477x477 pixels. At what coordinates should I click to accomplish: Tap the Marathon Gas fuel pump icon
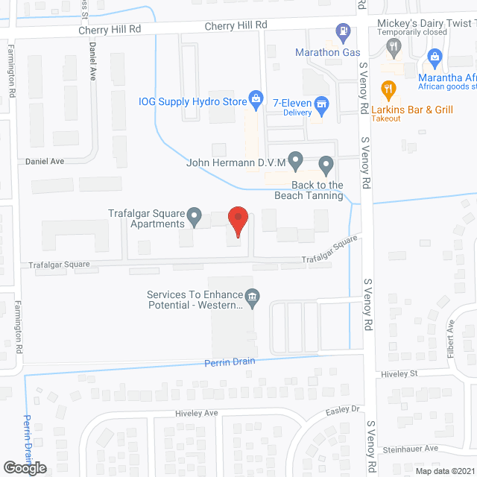[x=342, y=32]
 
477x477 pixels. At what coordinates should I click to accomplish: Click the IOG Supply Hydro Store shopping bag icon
[x=255, y=98]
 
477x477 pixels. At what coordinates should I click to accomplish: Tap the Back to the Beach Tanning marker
[x=326, y=163]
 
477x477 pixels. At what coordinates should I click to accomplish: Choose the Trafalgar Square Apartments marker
[x=195, y=217]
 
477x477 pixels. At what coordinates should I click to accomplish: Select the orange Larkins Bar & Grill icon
[x=388, y=90]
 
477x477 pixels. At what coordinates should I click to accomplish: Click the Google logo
[x=24, y=467]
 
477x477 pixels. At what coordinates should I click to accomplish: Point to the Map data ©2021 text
[x=444, y=470]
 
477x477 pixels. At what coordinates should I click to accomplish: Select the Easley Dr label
[x=343, y=409]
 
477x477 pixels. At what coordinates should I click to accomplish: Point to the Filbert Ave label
[x=450, y=339]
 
